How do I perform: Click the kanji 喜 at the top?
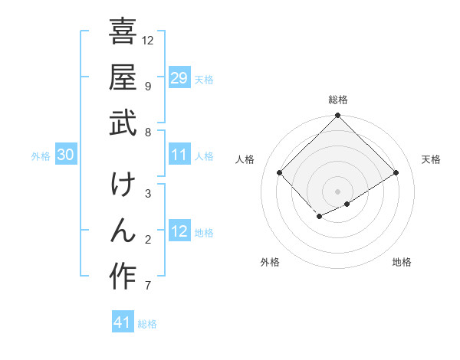click(x=123, y=31)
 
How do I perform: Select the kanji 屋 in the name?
click(x=123, y=78)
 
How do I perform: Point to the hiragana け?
click(x=123, y=186)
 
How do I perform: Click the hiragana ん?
click(x=123, y=231)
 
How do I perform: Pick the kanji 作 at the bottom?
click(x=123, y=277)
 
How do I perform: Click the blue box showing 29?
click(x=179, y=78)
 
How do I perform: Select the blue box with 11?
click(x=179, y=155)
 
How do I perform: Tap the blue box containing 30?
click(x=65, y=155)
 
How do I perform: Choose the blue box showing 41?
click(x=123, y=322)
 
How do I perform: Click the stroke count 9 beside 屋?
click(x=147, y=86)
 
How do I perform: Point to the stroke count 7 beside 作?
click(x=147, y=286)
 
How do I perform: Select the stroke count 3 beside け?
click(x=147, y=195)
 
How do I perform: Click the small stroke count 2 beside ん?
click(x=147, y=241)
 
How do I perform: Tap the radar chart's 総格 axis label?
click(x=337, y=100)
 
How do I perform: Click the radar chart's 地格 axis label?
click(x=402, y=262)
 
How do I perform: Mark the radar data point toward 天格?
click(x=396, y=173)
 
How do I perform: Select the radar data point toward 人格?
click(x=280, y=173)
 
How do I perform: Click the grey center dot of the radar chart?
click(x=337, y=191)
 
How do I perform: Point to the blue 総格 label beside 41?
click(x=147, y=324)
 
